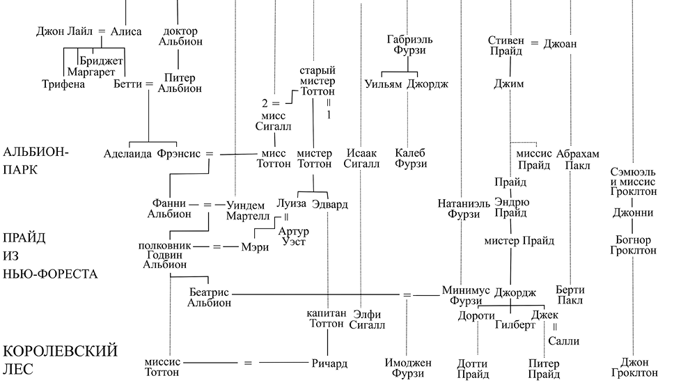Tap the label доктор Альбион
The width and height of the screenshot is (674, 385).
coord(180,36)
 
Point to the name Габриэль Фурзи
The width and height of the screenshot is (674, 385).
coord(406,45)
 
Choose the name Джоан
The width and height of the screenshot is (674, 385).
coord(561,44)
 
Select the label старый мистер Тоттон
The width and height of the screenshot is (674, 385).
coord(317,81)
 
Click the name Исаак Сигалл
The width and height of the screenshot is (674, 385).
coord(362,159)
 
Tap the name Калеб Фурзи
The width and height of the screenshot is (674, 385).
coord(410,159)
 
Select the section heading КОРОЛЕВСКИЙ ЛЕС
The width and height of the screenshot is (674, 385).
coord(59,359)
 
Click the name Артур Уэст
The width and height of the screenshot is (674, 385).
coord(292,236)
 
